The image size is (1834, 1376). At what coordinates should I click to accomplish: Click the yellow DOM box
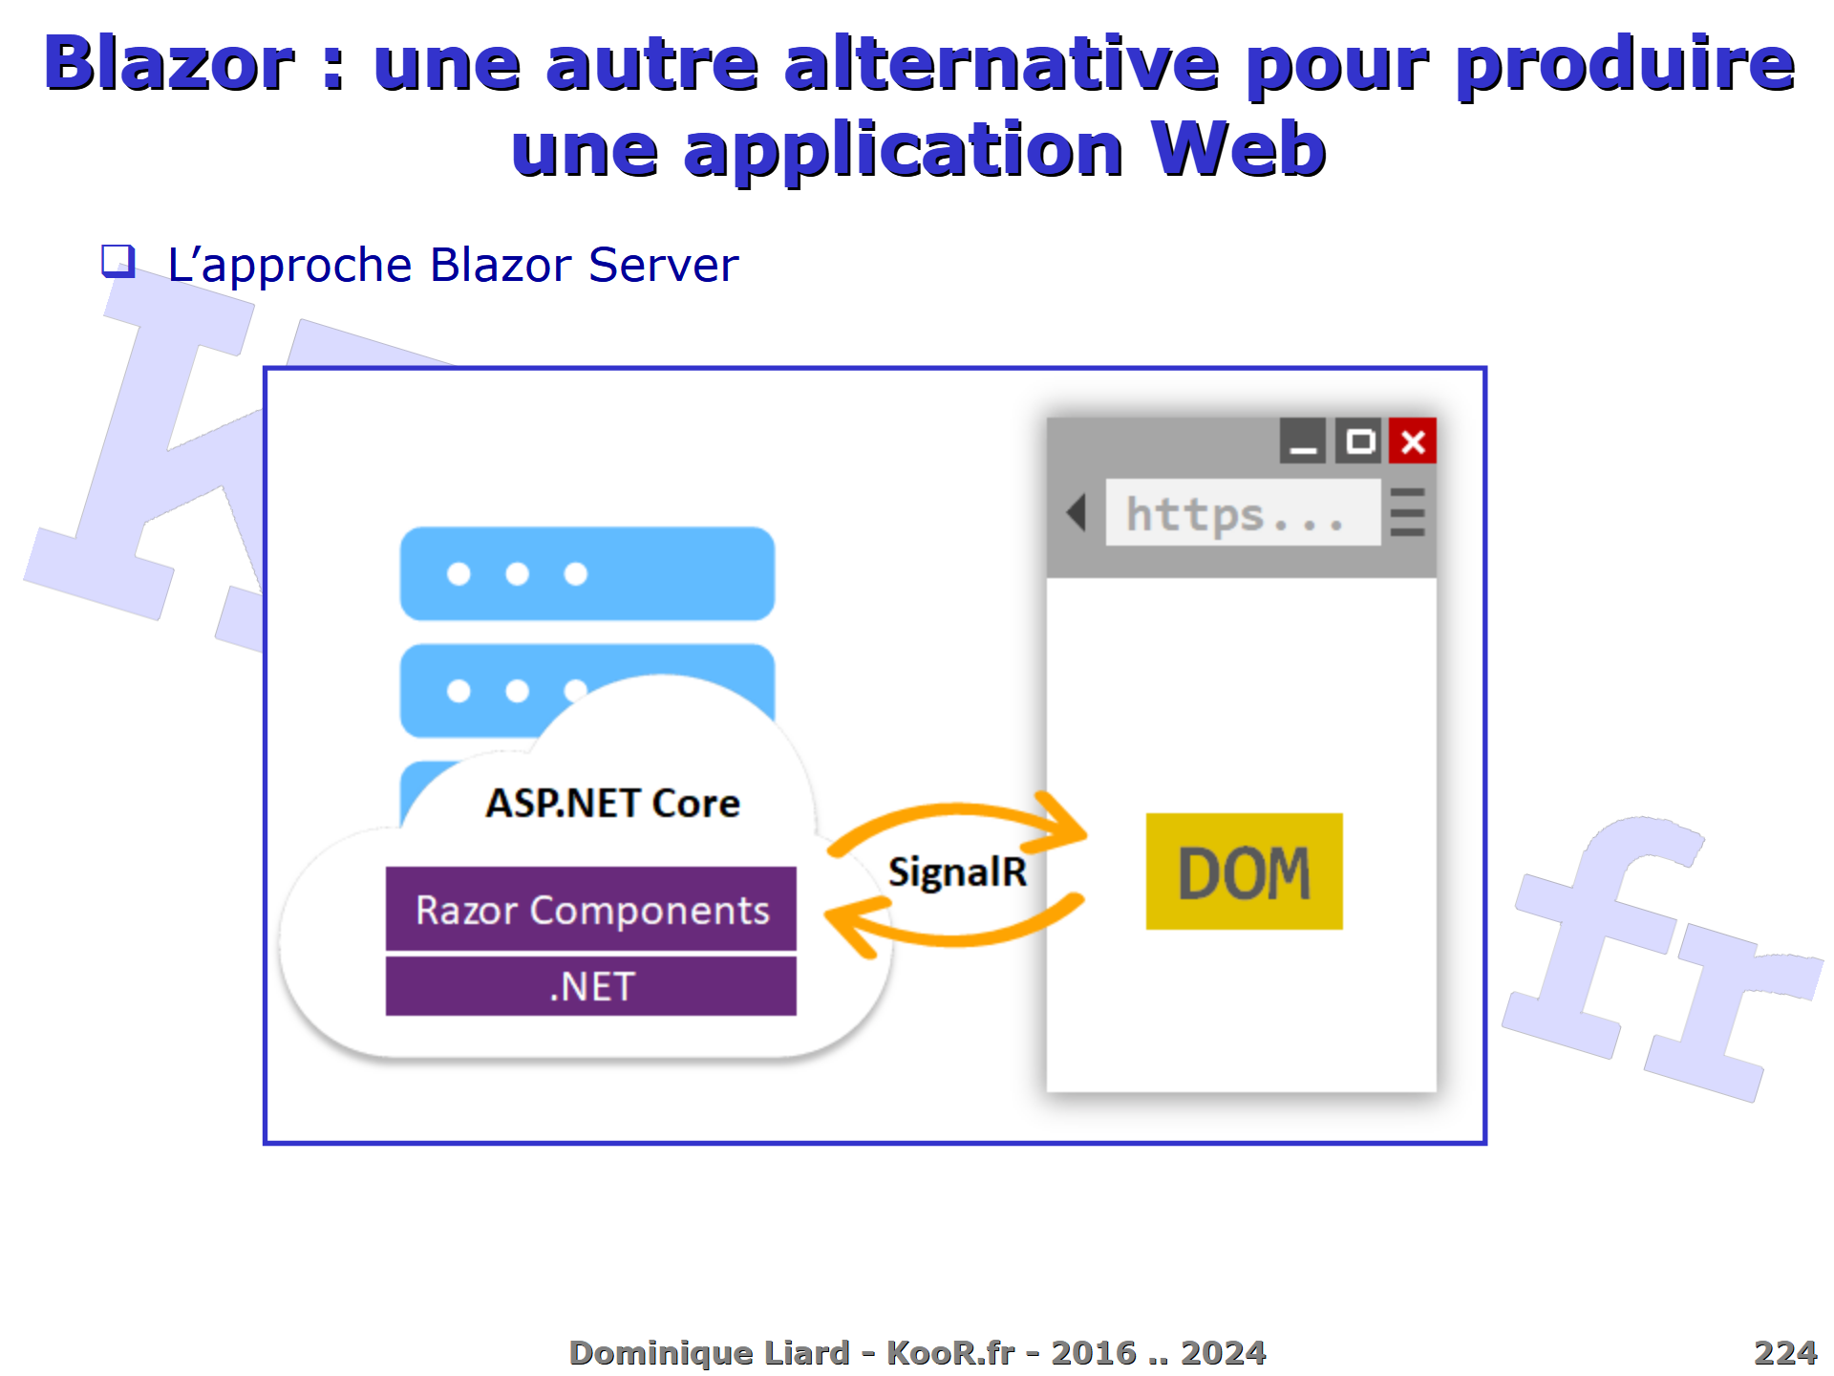pos(1244,871)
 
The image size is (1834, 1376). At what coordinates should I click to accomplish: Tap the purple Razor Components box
pos(590,909)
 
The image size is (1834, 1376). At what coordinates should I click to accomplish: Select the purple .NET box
pos(590,986)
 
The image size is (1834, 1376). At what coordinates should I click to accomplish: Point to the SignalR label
pos(957,872)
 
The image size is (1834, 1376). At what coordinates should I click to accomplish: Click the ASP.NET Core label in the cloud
pos(612,804)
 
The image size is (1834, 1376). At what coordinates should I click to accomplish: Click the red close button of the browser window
pos(1413,441)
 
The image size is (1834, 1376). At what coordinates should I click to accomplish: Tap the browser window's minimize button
pos(1303,441)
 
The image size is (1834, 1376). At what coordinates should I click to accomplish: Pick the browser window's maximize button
pos(1358,441)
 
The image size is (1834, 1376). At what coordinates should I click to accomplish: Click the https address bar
pos(1243,513)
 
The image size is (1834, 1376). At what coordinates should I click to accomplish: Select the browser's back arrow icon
pos(1077,513)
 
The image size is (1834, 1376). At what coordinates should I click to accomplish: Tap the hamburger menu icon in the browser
pos(1407,513)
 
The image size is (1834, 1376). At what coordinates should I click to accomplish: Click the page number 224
pos(1784,1353)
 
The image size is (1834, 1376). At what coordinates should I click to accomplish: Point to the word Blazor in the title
pos(169,64)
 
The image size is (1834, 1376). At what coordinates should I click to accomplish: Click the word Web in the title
pos(1238,150)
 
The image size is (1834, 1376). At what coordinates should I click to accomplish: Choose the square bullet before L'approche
pos(118,261)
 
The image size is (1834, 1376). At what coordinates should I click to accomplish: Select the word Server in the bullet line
pos(663,265)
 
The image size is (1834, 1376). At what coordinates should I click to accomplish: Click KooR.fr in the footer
pos(950,1353)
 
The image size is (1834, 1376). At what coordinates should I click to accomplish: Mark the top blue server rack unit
pos(586,573)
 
